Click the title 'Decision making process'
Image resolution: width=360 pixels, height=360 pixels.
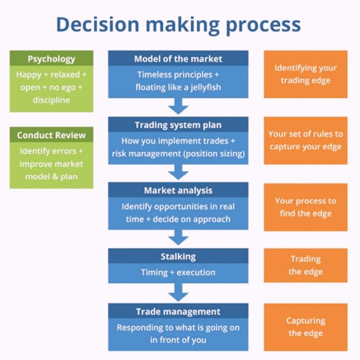(x=178, y=24)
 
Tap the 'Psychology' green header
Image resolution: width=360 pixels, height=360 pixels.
(x=51, y=59)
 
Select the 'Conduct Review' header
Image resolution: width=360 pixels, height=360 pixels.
(x=51, y=135)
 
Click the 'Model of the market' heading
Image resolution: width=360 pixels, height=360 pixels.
(x=178, y=59)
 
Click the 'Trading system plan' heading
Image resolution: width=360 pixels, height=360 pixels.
(x=178, y=125)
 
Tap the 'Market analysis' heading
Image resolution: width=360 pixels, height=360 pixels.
(x=178, y=190)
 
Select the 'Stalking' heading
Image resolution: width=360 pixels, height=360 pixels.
(x=178, y=256)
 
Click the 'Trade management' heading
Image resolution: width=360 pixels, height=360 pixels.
(x=178, y=312)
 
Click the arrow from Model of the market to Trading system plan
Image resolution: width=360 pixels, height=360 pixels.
(x=178, y=106)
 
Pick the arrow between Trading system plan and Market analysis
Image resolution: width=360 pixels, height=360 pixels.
(x=178, y=172)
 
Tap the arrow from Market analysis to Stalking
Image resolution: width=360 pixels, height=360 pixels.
(x=178, y=237)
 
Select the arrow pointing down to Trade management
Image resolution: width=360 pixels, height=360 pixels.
(x=178, y=293)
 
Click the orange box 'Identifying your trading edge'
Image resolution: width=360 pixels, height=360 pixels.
(x=305, y=74)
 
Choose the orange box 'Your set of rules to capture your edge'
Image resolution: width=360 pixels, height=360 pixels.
(x=305, y=140)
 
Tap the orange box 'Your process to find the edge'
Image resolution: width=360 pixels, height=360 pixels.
(x=305, y=207)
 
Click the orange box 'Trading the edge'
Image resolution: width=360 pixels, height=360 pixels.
(x=305, y=265)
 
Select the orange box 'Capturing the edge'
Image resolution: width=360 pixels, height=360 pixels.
(x=305, y=327)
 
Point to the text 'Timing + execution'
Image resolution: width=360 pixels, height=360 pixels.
(x=178, y=272)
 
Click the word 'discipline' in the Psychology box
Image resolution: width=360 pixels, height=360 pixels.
(x=51, y=99)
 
